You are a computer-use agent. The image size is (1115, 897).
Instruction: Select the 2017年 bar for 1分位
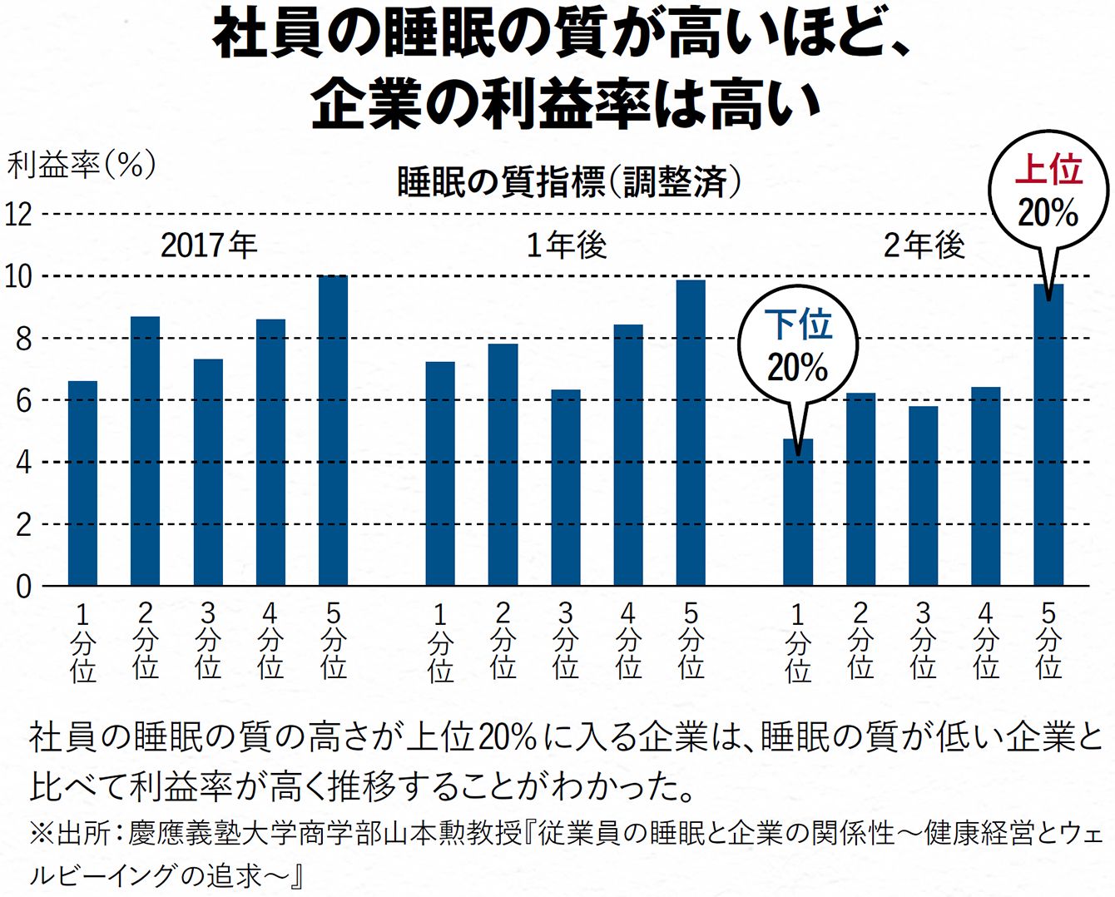click(x=82, y=483)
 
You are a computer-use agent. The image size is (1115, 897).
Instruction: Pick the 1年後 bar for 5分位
click(x=691, y=433)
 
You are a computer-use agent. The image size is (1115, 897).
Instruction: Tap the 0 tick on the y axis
click(x=22, y=587)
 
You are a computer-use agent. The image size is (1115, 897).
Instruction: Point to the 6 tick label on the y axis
click(x=22, y=401)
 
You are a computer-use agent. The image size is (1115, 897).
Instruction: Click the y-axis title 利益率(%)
click(x=81, y=165)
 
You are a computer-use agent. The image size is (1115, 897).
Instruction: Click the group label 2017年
click(x=209, y=245)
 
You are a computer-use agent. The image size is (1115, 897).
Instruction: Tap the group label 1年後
click(x=567, y=245)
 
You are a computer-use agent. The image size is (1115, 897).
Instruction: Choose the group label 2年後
click(x=924, y=245)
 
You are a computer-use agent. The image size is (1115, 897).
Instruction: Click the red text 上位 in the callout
click(x=1048, y=171)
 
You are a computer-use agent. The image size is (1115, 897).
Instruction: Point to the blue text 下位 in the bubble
click(x=798, y=325)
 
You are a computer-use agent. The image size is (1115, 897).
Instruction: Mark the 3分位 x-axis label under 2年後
click(x=923, y=641)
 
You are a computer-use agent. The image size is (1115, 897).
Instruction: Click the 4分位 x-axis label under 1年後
click(x=628, y=641)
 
